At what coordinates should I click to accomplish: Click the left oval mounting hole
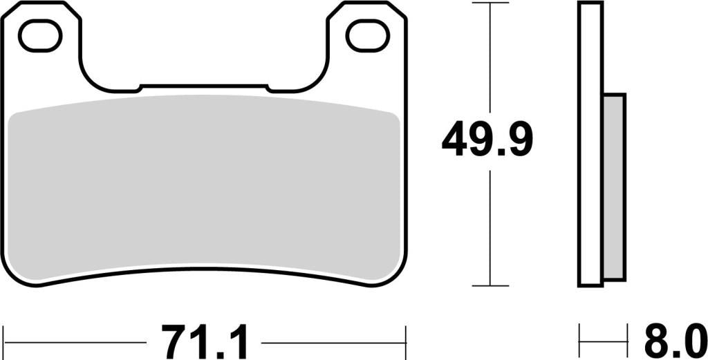click(x=40, y=37)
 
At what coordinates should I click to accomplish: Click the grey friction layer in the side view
click(x=614, y=187)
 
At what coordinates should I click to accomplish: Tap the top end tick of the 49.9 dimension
click(x=490, y=3)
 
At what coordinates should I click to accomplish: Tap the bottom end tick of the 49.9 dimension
click(x=490, y=285)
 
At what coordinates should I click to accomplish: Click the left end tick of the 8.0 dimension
click(x=579, y=341)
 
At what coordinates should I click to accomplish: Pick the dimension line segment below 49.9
click(x=490, y=228)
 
